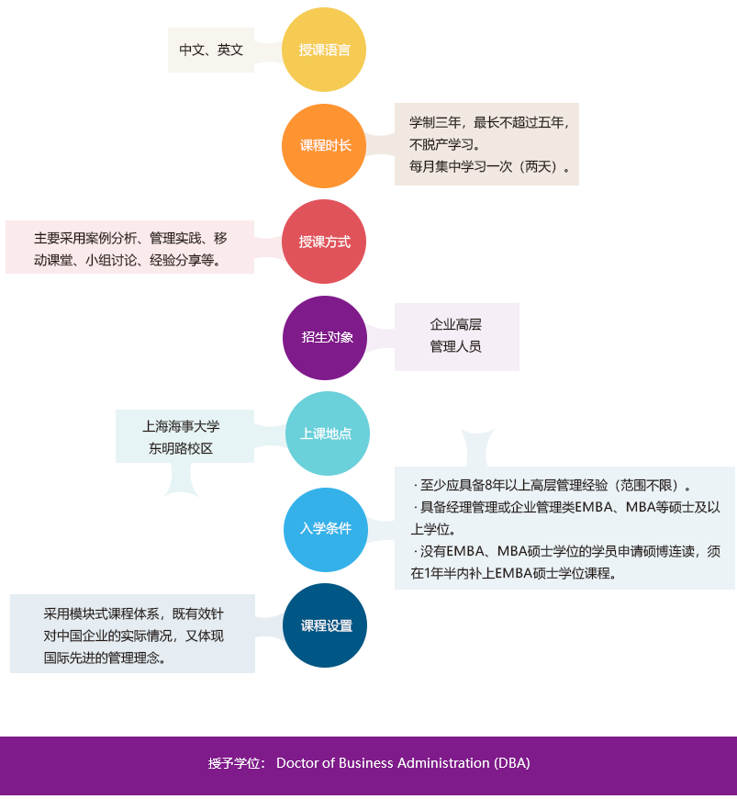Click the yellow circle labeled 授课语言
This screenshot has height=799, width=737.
click(324, 50)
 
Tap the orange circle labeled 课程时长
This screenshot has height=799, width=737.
click(324, 146)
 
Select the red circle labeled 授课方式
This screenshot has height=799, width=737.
click(324, 242)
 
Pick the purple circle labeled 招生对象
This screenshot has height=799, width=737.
click(325, 338)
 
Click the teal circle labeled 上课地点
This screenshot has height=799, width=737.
click(328, 433)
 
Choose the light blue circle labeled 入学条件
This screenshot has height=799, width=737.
click(326, 529)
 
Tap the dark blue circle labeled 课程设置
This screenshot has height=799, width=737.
click(325, 625)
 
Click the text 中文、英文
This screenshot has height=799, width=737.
click(211, 50)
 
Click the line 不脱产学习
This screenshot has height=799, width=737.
click(444, 145)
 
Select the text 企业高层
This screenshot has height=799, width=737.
click(455, 324)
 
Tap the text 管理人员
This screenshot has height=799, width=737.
click(455, 346)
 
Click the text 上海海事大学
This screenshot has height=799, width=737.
click(181, 426)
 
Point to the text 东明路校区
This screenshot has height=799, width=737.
click(181, 448)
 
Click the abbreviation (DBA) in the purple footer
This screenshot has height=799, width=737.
click(512, 763)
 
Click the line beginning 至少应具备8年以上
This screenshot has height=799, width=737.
click(552, 485)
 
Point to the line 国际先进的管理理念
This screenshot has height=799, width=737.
click(105, 658)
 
